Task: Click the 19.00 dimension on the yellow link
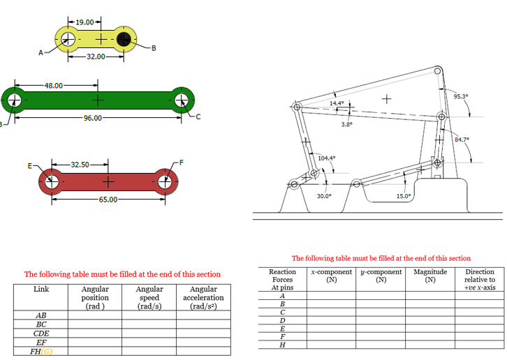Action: click(x=84, y=22)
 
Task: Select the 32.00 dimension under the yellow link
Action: click(x=96, y=56)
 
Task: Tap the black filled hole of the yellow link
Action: click(x=124, y=38)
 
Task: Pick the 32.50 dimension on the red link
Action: click(x=80, y=165)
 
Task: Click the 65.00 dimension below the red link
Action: click(x=108, y=200)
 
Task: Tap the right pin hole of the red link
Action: click(x=166, y=183)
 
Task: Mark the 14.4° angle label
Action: click(x=337, y=103)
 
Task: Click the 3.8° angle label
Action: click(x=346, y=124)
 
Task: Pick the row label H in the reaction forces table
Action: click(x=281, y=345)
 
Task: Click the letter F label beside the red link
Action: click(x=182, y=162)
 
